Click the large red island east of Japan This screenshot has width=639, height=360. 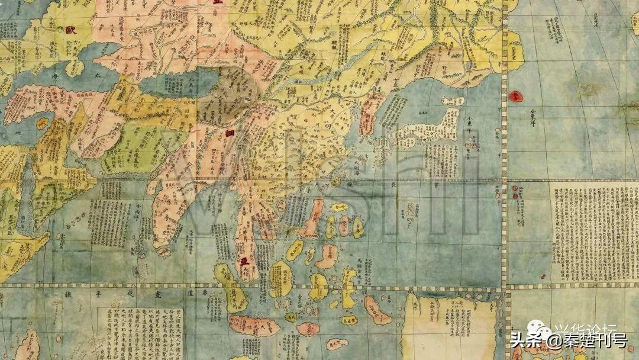tap(515, 95)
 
